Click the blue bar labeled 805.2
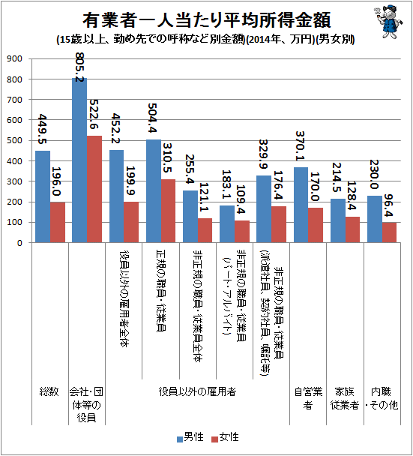click(79, 160)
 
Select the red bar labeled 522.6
click(94, 189)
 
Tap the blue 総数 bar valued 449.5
click(43, 196)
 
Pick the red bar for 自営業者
click(316, 225)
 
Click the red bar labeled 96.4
click(389, 232)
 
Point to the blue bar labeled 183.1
click(227, 224)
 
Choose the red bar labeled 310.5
click(169, 211)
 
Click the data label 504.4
click(153, 118)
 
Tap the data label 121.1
click(205, 197)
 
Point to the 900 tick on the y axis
click(14, 58)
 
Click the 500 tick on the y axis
click(14, 140)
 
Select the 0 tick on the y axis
click(19, 243)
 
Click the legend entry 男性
click(190, 437)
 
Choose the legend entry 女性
click(225, 437)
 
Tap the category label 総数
click(49, 391)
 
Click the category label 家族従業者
click(345, 398)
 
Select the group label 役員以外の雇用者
click(197, 391)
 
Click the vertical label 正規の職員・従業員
click(161, 290)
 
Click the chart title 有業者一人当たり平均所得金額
click(207, 20)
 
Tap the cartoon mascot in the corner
click(388, 21)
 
